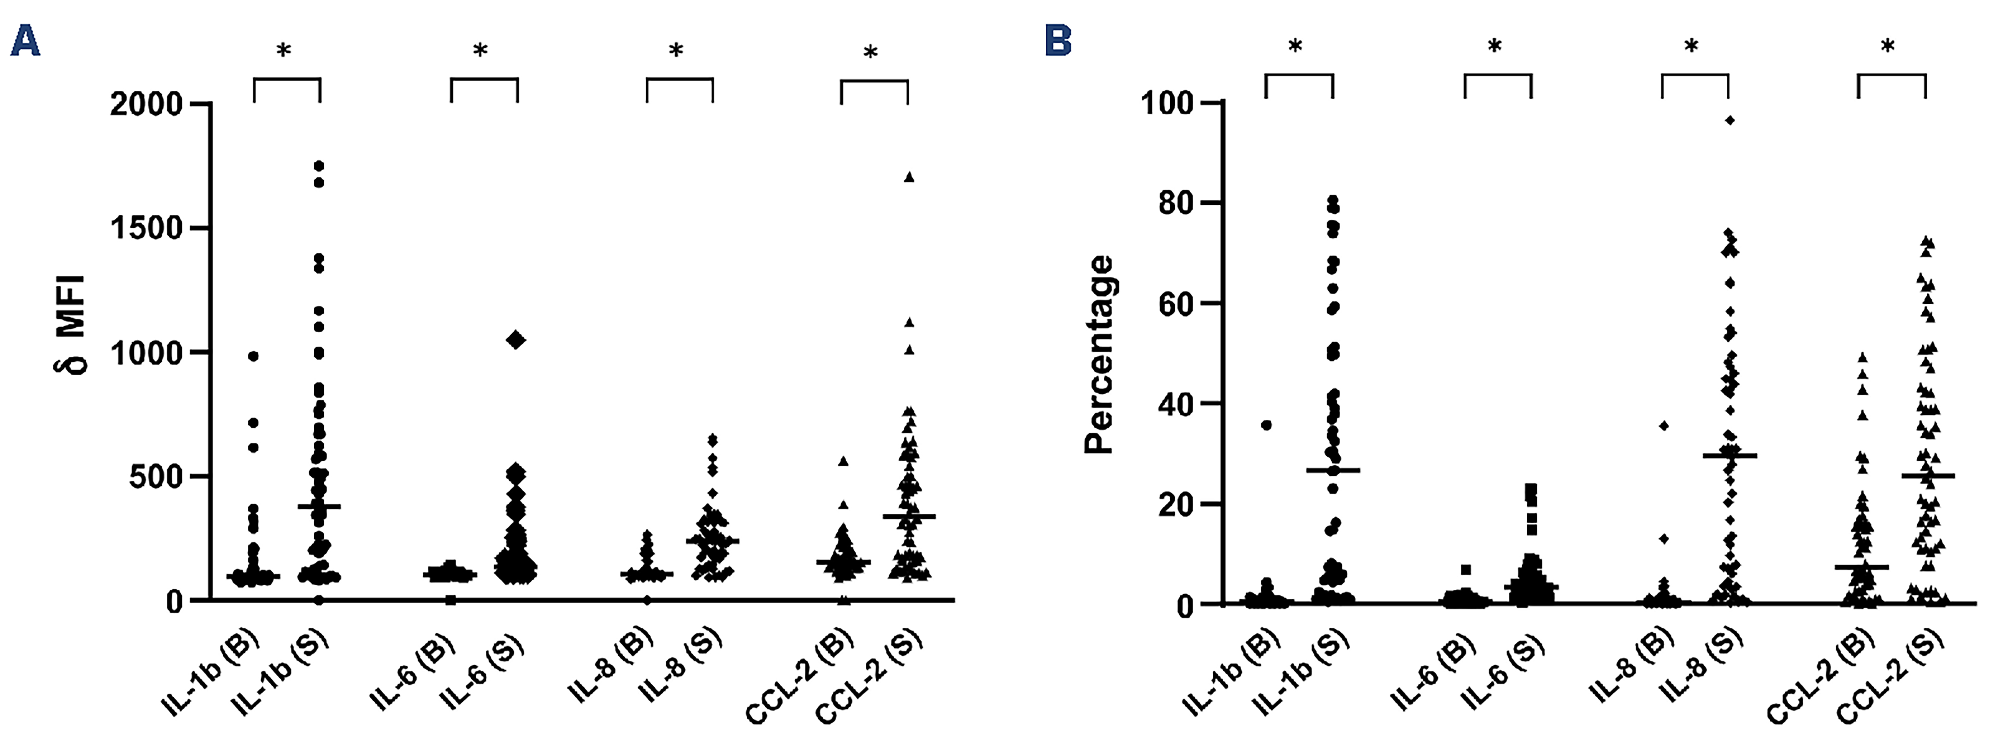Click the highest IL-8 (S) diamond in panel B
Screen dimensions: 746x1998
coord(1729,120)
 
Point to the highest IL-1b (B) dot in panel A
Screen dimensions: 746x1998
coord(253,356)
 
